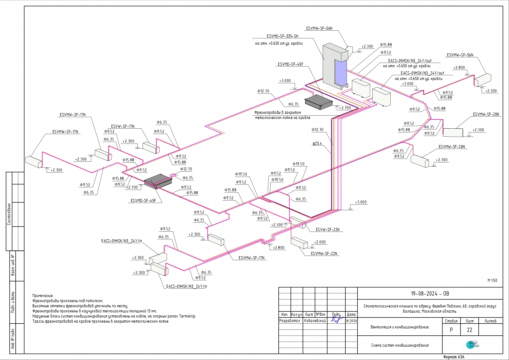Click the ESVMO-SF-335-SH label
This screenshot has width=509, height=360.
pos(282,36)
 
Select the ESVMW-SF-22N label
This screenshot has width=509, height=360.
pos(324,253)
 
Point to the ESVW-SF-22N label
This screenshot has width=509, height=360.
pos(327,230)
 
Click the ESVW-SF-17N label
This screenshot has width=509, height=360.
pos(123,126)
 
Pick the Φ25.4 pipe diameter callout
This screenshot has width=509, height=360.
pos(317,143)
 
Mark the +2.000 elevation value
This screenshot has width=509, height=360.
pos(320,242)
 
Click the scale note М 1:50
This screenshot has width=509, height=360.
pos(492,280)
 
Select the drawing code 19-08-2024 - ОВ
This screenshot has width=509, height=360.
pos(430,294)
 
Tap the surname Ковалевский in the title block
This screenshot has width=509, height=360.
pos(315,321)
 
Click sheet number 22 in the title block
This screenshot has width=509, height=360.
pos(469,330)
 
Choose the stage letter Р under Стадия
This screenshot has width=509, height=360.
pos(451,330)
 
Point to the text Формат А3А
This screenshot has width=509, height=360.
pos(454,357)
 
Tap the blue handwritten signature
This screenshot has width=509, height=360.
pos(337,319)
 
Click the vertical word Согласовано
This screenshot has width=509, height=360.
pos(9,214)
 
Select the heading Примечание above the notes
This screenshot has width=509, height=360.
pos(43,296)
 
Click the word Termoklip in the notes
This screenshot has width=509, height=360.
pos(187,316)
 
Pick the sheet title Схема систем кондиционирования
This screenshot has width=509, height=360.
pos(400,345)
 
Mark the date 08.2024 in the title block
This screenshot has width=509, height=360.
pos(351,321)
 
